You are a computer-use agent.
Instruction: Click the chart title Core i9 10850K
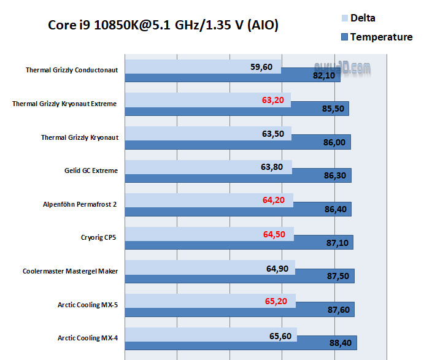pyautogui.click(x=163, y=26)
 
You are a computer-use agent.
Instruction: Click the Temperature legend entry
pyautogui.click(x=380, y=37)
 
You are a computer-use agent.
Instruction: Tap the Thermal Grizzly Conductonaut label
pyautogui.click(x=71, y=70)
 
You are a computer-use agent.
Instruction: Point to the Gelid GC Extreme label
pyautogui.click(x=91, y=170)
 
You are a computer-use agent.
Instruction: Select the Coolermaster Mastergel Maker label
pyautogui.click(x=70, y=270)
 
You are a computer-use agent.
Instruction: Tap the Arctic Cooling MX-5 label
pyautogui.click(x=88, y=304)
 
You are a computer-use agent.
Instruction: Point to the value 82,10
pyautogui.click(x=325, y=76)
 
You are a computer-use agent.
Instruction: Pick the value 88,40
pyautogui.click(x=339, y=343)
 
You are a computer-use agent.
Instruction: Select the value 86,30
pyautogui.click(x=334, y=176)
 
